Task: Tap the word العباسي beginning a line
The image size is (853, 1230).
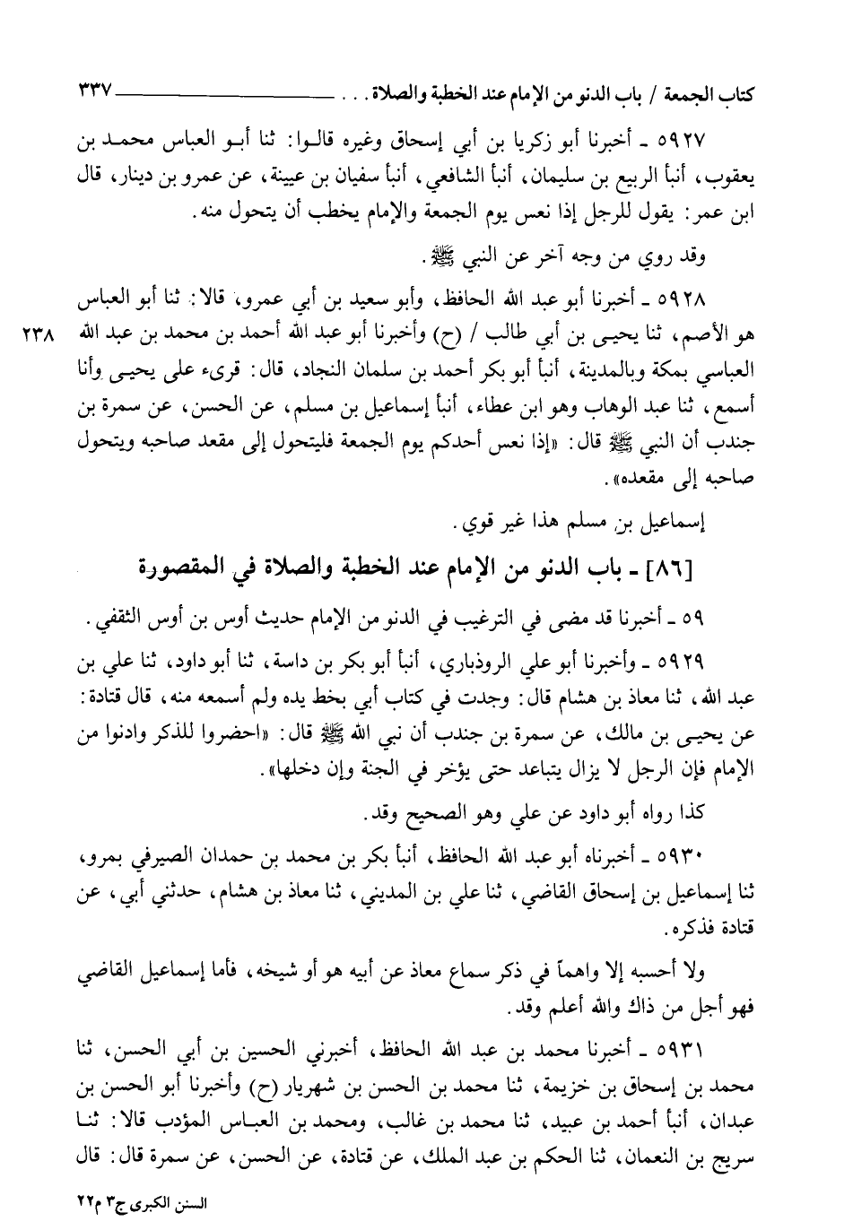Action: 726,368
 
